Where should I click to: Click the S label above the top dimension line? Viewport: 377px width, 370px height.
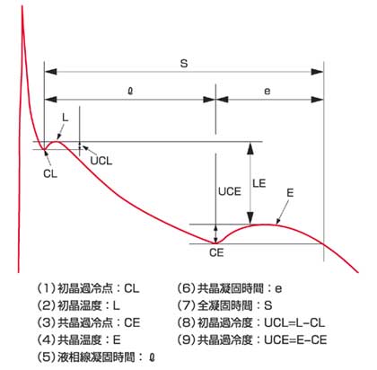click(x=184, y=64)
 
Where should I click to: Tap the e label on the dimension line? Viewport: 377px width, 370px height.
click(x=267, y=91)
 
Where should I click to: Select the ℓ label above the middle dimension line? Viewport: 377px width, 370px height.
click(x=130, y=91)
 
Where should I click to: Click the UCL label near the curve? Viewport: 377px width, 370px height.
click(x=101, y=161)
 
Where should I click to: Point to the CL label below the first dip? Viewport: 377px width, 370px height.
click(x=50, y=174)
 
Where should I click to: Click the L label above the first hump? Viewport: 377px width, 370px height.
click(x=65, y=118)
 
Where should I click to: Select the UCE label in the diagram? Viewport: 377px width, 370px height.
click(x=230, y=191)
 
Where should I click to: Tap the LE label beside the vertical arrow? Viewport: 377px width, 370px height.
click(x=259, y=183)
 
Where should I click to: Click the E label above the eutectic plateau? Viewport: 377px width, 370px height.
click(x=290, y=193)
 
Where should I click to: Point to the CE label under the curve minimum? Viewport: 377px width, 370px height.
click(x=216, y=253)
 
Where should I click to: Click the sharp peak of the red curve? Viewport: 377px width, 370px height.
click(x=22, y=6)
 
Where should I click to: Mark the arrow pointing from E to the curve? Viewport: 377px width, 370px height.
click(x=283, y=212)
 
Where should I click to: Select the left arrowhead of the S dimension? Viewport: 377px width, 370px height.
click(x=50, y=72)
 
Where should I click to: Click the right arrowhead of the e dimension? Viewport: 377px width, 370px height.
click(x=317, y=100)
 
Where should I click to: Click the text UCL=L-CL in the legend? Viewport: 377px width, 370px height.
click(x=294, y=323)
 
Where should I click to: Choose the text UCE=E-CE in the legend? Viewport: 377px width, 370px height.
click(x=295, y=340)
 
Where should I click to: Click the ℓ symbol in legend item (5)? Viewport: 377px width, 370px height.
click(x=152, y=357)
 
